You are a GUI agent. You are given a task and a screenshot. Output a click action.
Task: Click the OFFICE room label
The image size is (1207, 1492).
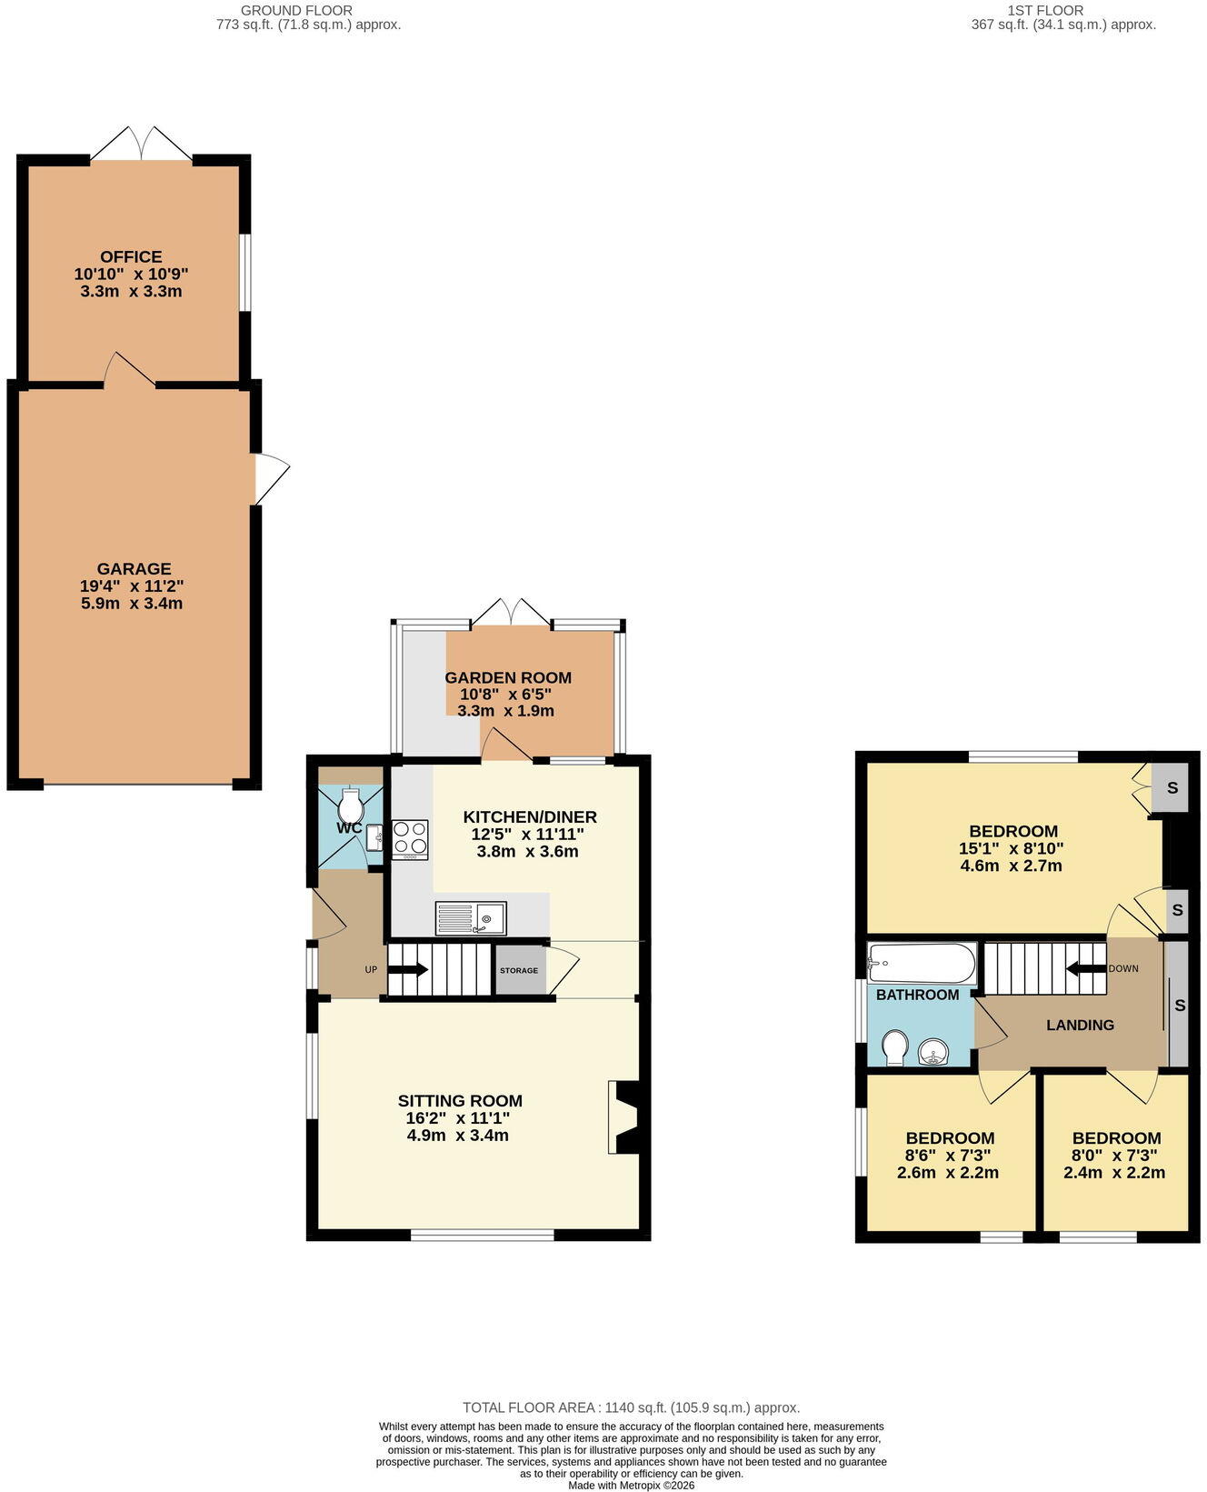pos(131,257)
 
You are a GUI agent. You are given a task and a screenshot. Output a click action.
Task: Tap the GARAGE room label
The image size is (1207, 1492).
pos(134,569)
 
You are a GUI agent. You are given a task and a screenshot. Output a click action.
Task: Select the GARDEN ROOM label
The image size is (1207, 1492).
pos(508,677)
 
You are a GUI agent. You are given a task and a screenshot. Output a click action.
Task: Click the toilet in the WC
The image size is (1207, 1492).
pos(351,805)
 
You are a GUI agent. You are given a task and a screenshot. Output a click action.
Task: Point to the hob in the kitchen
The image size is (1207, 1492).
pos(411,840)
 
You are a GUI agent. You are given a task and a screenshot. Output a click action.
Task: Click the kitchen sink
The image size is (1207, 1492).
pos(471,918)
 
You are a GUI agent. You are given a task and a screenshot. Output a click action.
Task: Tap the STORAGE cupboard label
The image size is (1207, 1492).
pos(519,970)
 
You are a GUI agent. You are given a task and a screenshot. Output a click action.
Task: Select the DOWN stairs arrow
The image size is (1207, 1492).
pos(1085,968)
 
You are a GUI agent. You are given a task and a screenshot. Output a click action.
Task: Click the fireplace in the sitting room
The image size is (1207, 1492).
pos(624,1117)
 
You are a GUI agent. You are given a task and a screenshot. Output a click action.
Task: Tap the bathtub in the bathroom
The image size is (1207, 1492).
pos(922,963)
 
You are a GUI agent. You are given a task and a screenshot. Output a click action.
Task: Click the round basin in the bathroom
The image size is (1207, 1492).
pos(934,1053)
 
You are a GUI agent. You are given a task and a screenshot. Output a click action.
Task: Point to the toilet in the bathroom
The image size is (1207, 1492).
pos(894,1047)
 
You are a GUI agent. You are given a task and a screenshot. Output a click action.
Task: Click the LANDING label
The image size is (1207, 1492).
pos(1080,1025)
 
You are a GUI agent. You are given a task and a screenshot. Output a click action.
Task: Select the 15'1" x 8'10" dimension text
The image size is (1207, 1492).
pos(1011,848)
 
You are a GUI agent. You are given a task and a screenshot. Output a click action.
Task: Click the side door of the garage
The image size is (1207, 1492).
pos(271,478)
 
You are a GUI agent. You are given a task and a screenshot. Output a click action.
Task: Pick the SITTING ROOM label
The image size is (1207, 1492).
pos(460,1101)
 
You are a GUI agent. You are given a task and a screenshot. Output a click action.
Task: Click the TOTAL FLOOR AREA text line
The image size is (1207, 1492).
pos(632,1407)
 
